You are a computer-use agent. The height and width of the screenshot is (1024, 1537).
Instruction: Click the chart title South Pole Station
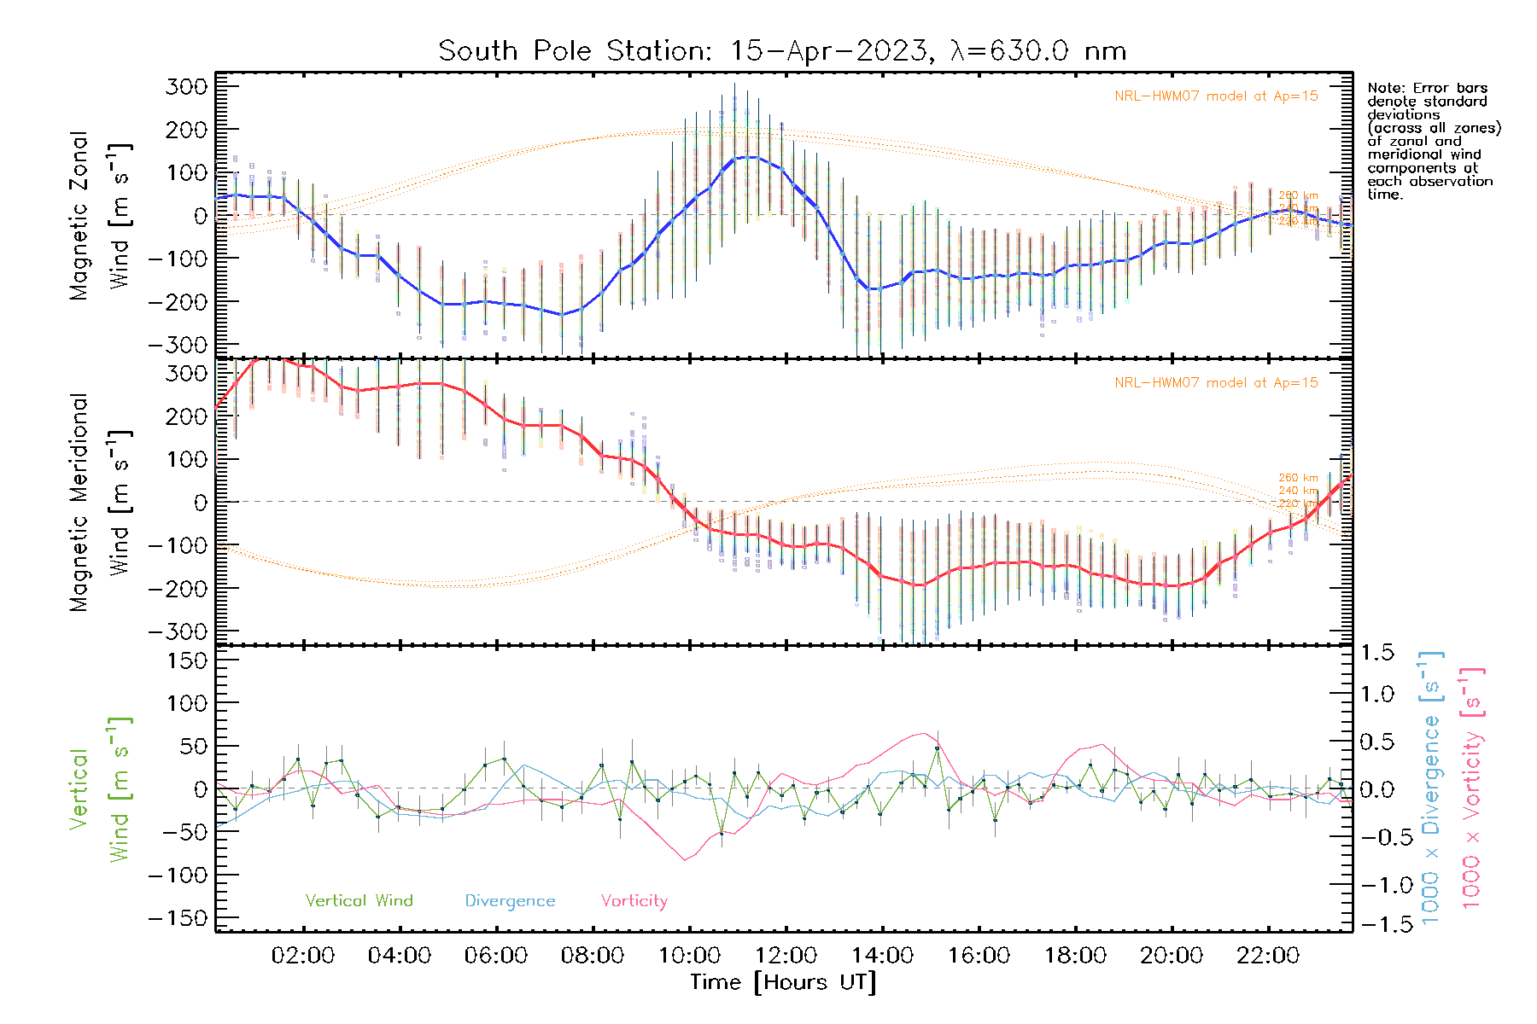(x=782, y=51)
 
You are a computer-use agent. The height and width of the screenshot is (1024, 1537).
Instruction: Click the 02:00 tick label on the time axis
(x=303, y=956)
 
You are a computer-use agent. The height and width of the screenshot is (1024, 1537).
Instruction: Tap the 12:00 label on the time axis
(x=786, y=956)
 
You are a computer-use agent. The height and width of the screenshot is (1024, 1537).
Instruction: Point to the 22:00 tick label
(x=1268, y=956)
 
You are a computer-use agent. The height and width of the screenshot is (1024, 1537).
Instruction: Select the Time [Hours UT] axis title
(x=783, y=982)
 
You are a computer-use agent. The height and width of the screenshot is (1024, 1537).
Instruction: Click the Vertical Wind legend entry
(x=359, y=901)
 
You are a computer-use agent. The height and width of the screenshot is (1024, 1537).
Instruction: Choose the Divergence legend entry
(x=510, y=901)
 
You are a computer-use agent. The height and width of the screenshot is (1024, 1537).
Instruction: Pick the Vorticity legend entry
(x=634, y=901)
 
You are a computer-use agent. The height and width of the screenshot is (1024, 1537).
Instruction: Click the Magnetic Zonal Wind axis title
(x=100, y=216)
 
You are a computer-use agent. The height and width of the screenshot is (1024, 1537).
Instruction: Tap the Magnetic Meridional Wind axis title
(x=100, y=503)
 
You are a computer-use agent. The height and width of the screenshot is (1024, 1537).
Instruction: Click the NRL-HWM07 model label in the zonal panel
(x=1216, y=96)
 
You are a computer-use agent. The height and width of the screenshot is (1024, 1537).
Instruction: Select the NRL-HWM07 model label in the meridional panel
(x=1216, y=383)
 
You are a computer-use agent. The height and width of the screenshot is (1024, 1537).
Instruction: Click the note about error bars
(x=1433, y=141)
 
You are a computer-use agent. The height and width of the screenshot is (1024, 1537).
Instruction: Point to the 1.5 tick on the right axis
(x=1377, y=653)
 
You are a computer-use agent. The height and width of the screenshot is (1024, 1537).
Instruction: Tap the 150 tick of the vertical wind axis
(x=189, y=660)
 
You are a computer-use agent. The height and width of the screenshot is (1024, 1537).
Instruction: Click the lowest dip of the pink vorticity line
(x=685, y=860)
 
